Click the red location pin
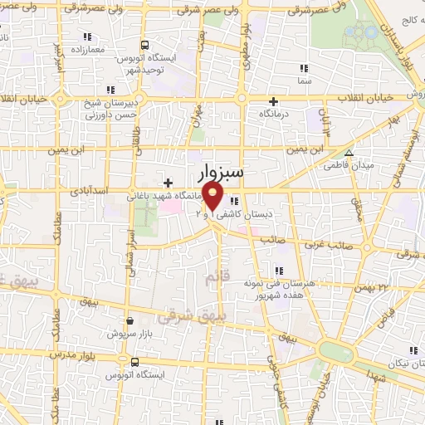(213, 197)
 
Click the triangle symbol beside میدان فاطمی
(349, 153)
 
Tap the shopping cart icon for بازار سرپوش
(129, 320)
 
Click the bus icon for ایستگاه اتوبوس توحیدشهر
(145, 46)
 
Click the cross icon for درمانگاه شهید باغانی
(169, 183)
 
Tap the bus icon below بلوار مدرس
(134, 363)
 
